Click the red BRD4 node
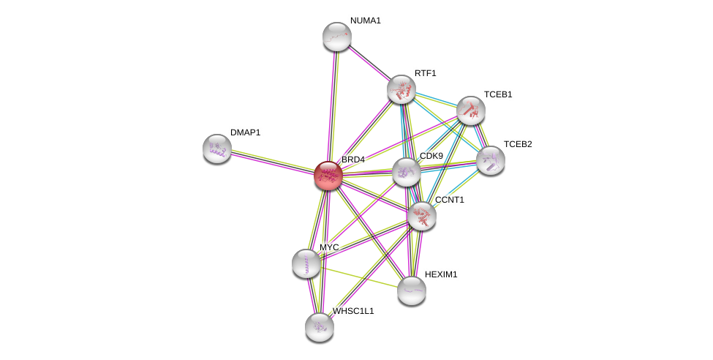pyautogui.click(x=328, y=176)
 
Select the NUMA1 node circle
pyautogui.click(x=337, y=37)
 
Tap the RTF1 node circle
pyautogui.click(x=401, y=89)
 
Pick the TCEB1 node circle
pyautogui.click(x=471, y=110)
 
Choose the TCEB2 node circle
pyautogui.click(x=491, y=160)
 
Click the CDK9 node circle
pyautogui.click(x=407, y=172)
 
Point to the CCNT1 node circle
pyautogui.click(x=422, y=216)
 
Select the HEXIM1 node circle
pyautogui.click(x=412, y=290)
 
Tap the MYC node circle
pyautogui.click(x=306, y=263)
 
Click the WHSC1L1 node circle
pyautogui.click(x=320, y=327)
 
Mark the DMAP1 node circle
pyautogui.click(x=217, y=149)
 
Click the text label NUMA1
pyautogui.click(x=365, y=20)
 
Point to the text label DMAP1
pyautogui.click(x=245, y=132)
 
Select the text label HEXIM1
pyautogui.click(x=441, y=274)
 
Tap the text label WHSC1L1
pyautogui.click(x=353, y=311)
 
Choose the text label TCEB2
pyautogui.click(x=518, y=144)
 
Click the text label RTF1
pyautogui.click(x=425, y=73)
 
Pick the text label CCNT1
pyautogui.click(x=449, y=200)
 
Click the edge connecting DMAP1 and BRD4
pyautogui.click(x=273, y=162)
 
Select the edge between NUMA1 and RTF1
pyautogui.click(x=369, y=63)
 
